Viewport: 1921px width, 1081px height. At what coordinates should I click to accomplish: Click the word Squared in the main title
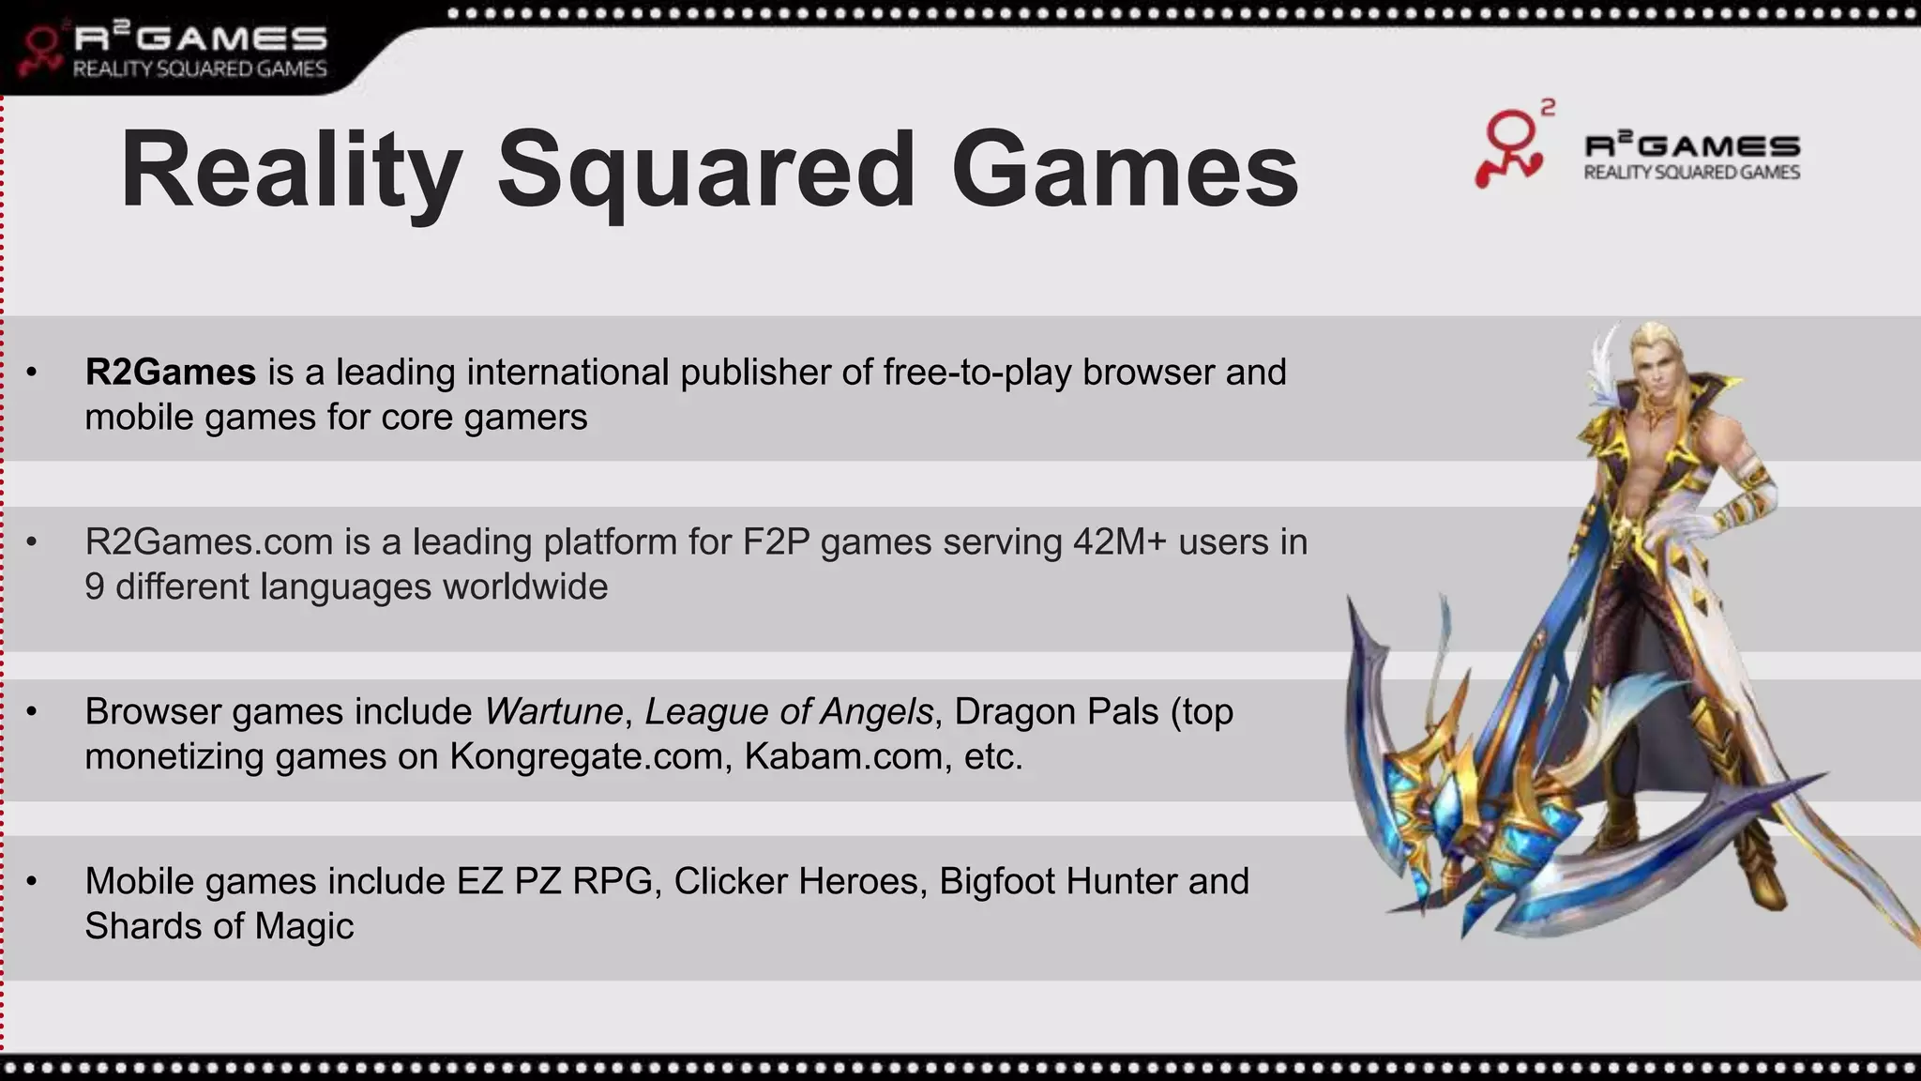tap(705, 171)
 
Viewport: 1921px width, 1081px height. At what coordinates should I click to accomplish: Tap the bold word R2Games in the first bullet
tap(170, 373)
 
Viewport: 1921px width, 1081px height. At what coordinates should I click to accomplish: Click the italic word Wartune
tap(553, 712)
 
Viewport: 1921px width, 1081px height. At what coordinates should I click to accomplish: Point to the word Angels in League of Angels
tap(876, 712)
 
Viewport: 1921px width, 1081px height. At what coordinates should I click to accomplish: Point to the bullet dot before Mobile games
tap(32, 882)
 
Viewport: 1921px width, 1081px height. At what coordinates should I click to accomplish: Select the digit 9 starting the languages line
tap(95, 587)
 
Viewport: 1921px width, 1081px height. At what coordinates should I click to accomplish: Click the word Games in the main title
tap(1124, 171)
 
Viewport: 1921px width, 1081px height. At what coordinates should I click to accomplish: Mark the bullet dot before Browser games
tap(32, 712)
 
